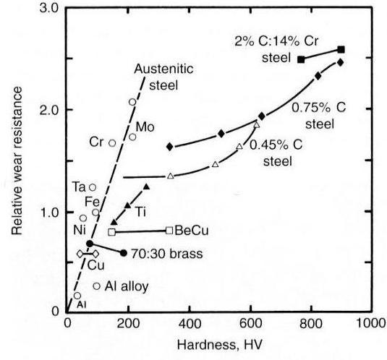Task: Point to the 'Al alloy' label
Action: click(127, 286)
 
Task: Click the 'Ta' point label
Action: click(80, 187)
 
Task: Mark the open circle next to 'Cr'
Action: click(112, 143)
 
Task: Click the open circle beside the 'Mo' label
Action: click(132, 137)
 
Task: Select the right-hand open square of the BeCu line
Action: click(169, 231)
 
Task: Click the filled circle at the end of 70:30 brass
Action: click(124, 253)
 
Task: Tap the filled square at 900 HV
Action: click(341, 49)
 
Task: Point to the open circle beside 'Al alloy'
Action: click(97, 286)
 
